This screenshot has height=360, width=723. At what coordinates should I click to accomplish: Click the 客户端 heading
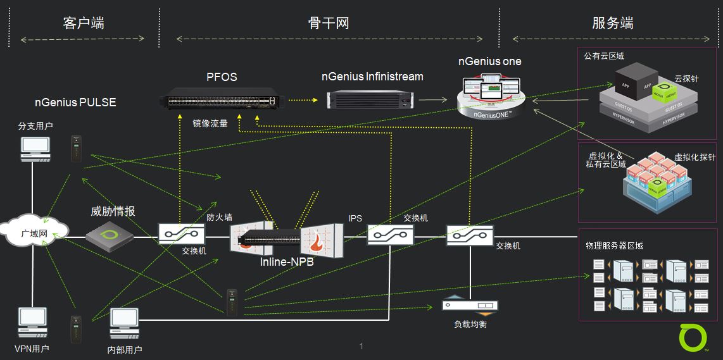click(84, 23)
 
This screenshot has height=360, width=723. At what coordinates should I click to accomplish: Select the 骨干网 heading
click(329, 23)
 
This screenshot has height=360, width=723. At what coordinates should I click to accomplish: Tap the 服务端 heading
click(612, 23)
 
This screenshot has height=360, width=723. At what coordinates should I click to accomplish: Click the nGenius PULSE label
click(75, 102)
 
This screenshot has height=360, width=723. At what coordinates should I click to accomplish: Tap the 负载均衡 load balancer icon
click(469, 306)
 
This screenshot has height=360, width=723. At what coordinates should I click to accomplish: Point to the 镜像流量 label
click(210, 123)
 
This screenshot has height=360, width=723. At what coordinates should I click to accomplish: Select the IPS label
click(355, 218)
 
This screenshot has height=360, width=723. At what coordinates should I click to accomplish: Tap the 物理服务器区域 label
click(615, 245)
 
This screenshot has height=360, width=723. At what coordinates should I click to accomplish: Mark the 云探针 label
click(686, 80)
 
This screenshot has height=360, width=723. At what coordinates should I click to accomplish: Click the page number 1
click(361, 346)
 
